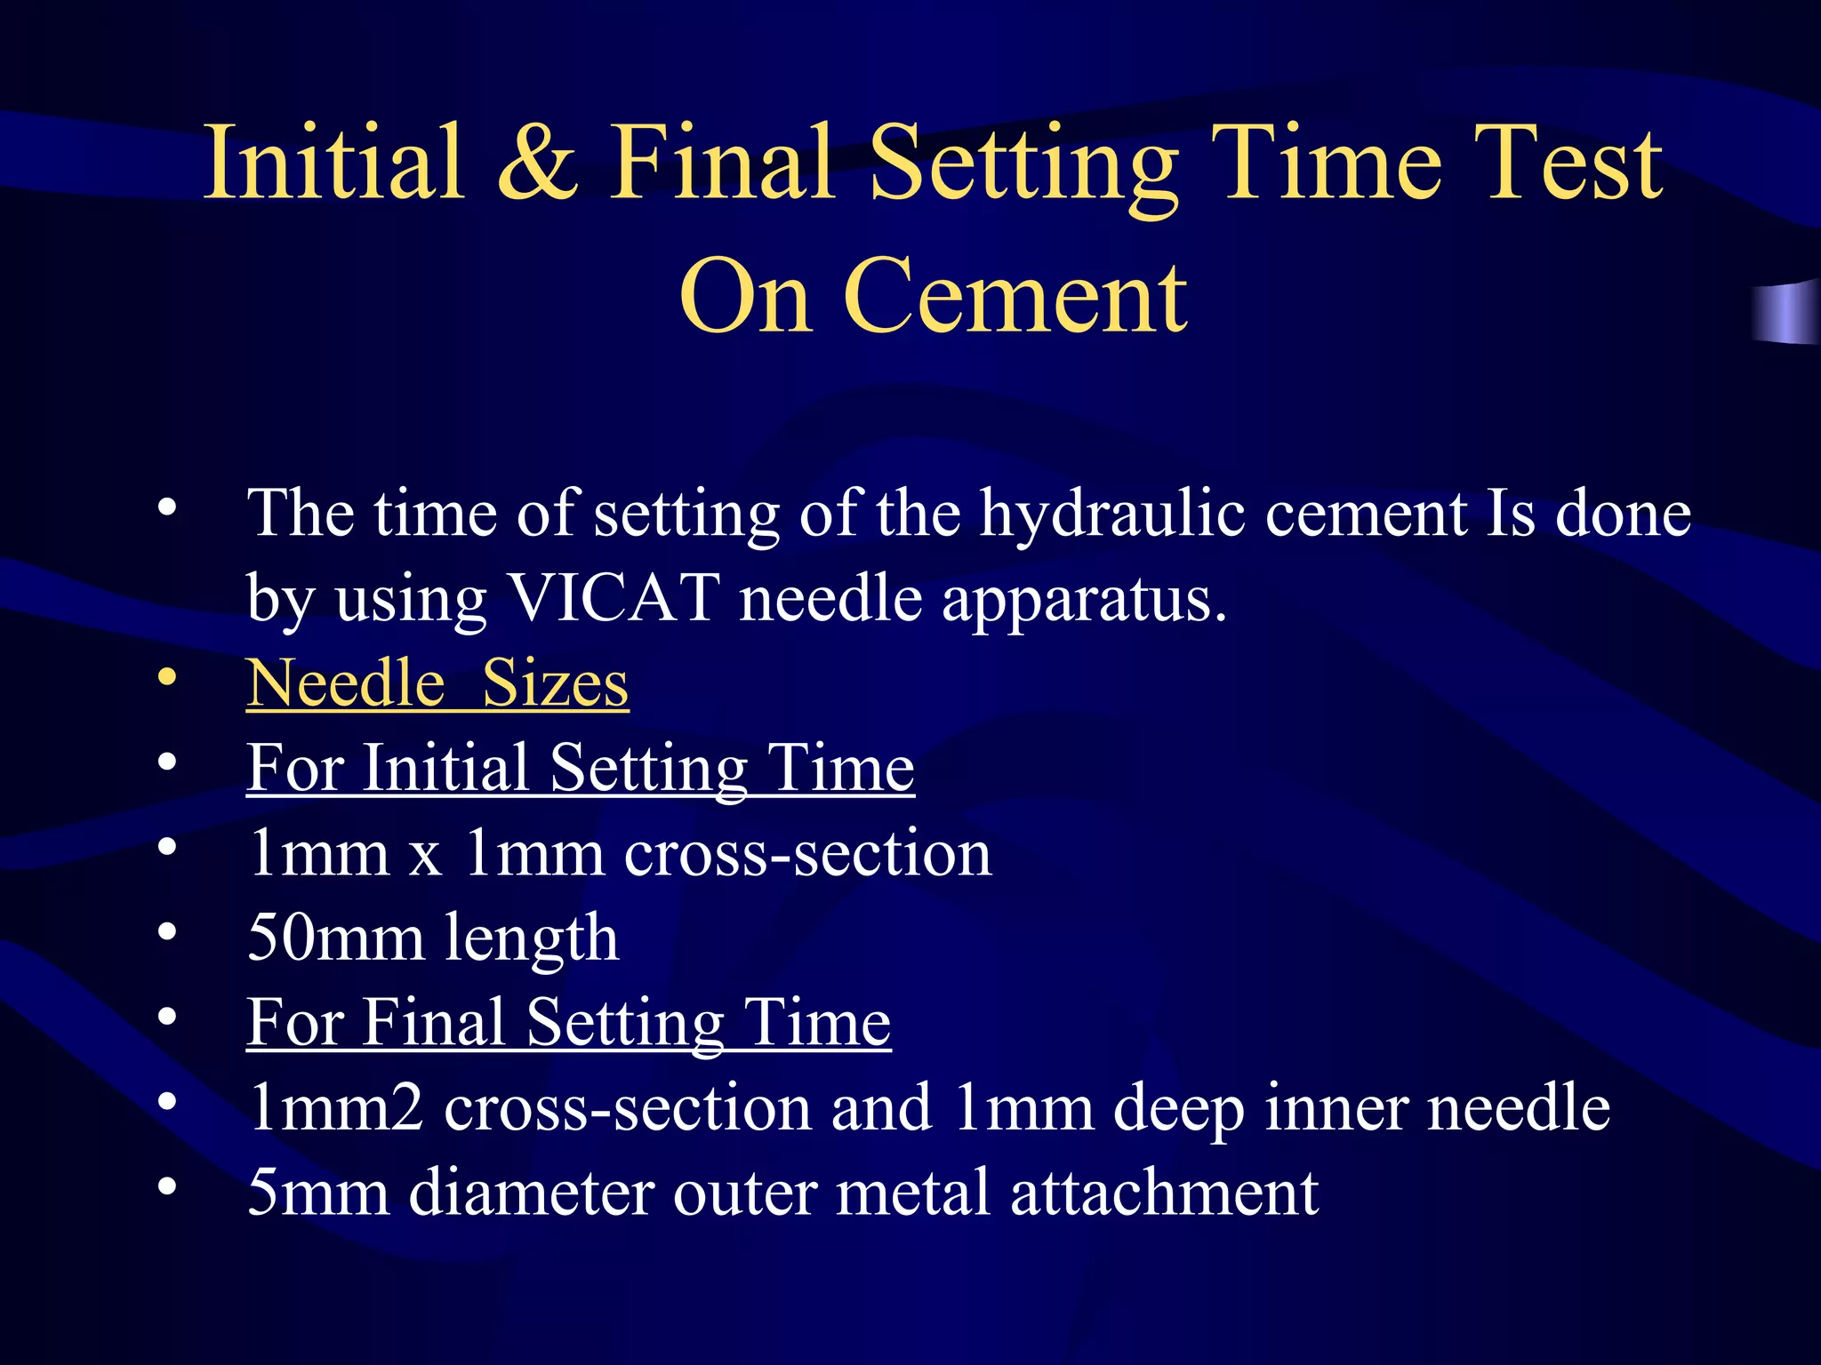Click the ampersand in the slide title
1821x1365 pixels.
537,164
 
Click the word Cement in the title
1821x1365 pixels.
1015,297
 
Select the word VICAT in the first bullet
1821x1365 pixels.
613,597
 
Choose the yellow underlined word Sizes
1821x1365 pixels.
555,683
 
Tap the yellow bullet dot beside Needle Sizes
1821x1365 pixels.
166,677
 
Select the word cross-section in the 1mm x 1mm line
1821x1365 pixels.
807,853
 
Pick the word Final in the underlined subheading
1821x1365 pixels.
435,1023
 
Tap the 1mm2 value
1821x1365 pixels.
335,1108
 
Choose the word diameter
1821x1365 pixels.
531,1193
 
